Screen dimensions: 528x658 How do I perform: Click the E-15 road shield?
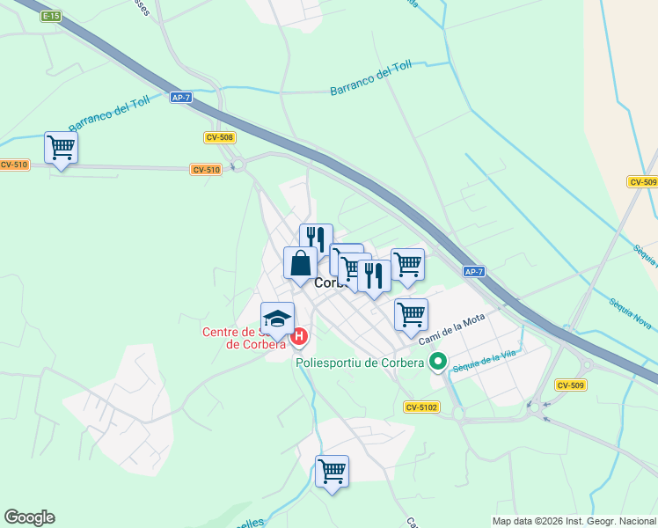(x=51, y=16)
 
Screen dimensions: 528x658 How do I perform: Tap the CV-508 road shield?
(x=219, y=137)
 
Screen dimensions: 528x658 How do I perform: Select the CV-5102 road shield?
(x=421, y=407)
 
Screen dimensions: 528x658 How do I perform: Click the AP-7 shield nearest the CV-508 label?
(x=182, y=98)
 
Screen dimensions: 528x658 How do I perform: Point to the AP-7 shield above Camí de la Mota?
(x=474, y=272)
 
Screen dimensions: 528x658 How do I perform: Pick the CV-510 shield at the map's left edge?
(x=13, y=165)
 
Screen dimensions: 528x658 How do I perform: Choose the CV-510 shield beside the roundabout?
(x=205, y=170)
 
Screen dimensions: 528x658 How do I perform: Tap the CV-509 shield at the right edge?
(x=643, y=182)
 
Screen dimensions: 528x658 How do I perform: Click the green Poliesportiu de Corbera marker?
(x=438, y=362)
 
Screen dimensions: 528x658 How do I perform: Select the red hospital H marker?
(x=299, y=336)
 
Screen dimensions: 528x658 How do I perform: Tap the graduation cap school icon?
(x=277, y=319)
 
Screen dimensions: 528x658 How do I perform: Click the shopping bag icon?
(x=300, y=263)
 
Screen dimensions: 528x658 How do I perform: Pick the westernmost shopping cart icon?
(x=61, y=147)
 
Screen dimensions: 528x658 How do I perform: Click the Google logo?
(x=29, y=517)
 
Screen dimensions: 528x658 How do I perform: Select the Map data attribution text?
(x=574, y=521)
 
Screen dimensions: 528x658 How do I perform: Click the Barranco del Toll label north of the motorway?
(x=371, y=78)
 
